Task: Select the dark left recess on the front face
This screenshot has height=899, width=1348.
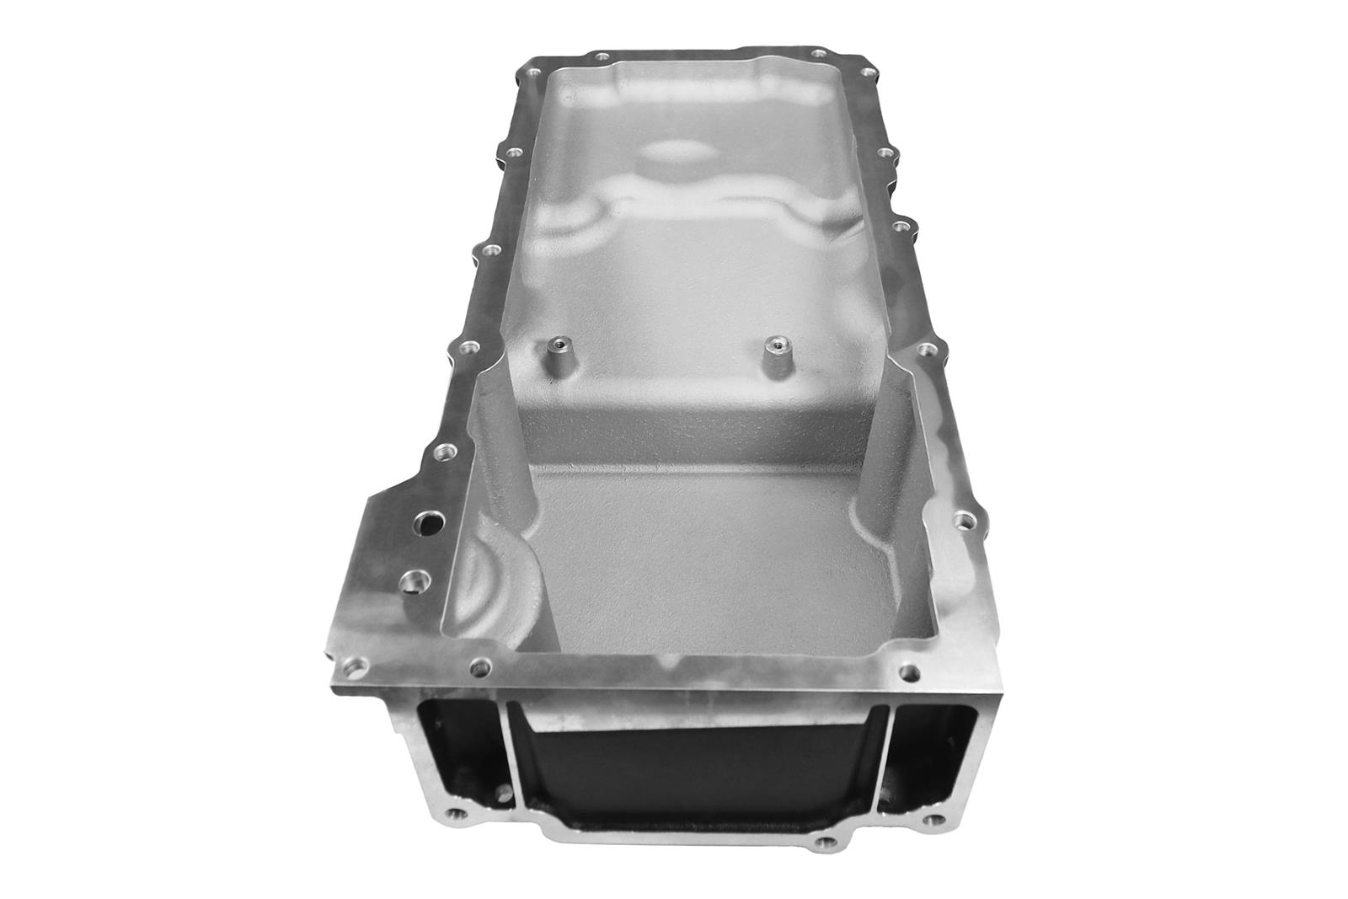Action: (x=455, y=741)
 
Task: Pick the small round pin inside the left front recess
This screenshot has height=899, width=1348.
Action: (x=504, y=792)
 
